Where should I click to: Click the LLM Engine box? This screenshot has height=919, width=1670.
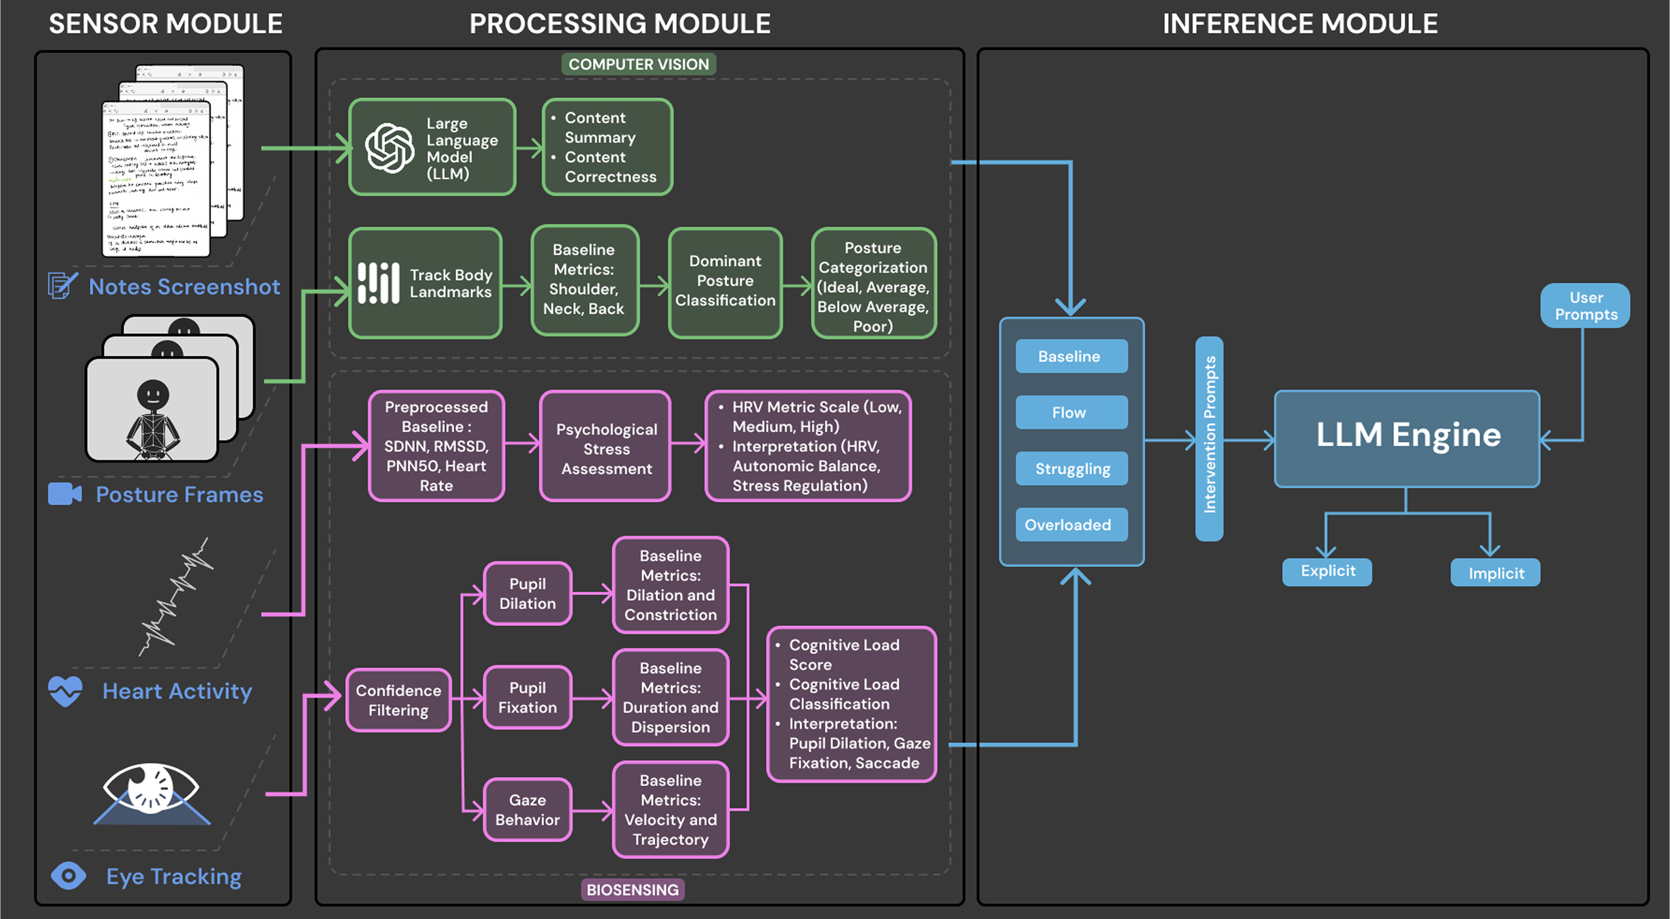coord(1407,438)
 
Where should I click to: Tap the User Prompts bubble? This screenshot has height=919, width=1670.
coord(1585,306)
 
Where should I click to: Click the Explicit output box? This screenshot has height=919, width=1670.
coord(1327,571)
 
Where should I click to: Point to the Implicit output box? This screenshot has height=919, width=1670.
coord(1495,573)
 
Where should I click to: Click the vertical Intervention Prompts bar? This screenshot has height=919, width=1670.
coord(1209,438)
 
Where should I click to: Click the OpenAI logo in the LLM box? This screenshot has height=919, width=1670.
coord(390,148)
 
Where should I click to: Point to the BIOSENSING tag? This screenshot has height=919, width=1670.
coord(632,889)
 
